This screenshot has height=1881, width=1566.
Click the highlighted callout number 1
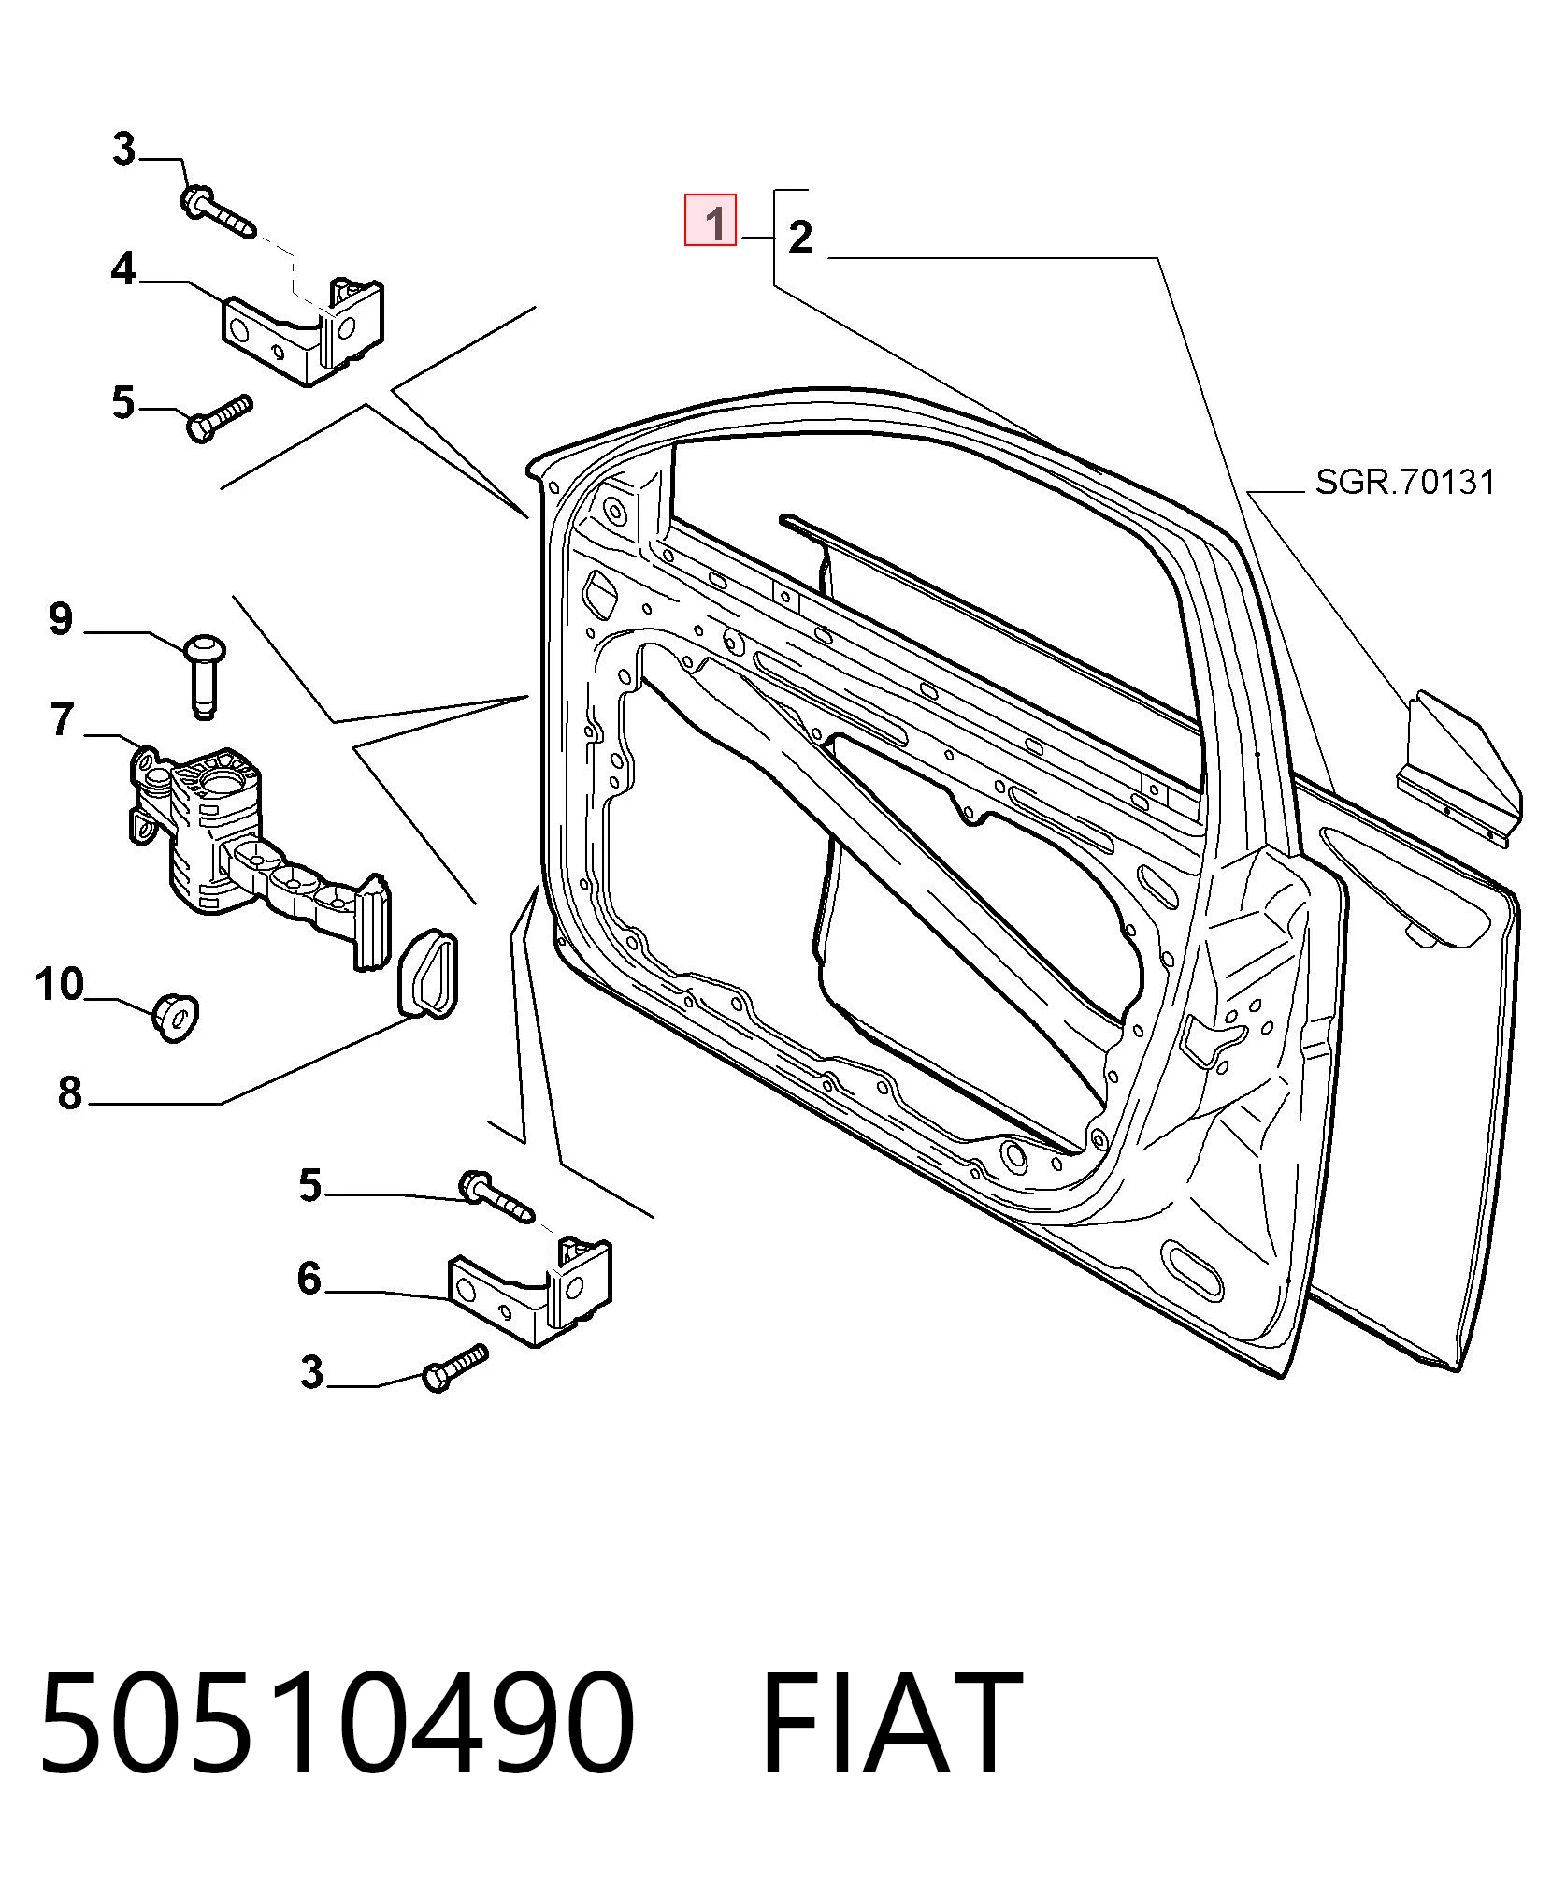[711, 220]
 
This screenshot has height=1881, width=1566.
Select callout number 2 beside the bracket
[800, 238]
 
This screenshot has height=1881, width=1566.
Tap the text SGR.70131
[1405, 483]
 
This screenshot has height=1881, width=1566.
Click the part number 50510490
[338, 1723]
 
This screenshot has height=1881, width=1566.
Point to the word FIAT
[891, 1723]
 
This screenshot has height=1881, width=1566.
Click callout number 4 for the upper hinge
[123, 270]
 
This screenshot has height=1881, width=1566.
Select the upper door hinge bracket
[302, 330]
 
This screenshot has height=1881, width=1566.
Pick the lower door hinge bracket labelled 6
[531, 1292]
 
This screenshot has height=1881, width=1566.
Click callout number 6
[309, 1278]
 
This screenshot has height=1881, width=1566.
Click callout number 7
[61, 719]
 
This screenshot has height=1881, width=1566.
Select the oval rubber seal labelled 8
[428, 970]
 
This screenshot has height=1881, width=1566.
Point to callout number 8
[70, 1092]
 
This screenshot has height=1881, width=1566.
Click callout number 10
[59, 985]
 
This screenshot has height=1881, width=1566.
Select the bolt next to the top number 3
[218, 213]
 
